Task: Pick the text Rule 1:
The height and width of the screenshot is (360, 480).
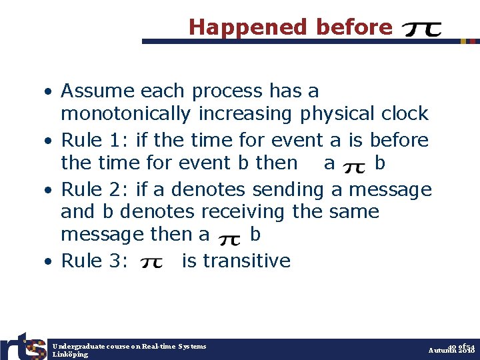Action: [95, 141]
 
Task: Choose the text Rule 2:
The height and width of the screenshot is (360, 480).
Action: [95, 190]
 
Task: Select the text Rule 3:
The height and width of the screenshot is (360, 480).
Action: [95, 261]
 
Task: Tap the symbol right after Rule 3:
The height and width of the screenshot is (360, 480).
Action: [151, 263]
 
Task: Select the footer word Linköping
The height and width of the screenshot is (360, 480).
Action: [70, 355]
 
